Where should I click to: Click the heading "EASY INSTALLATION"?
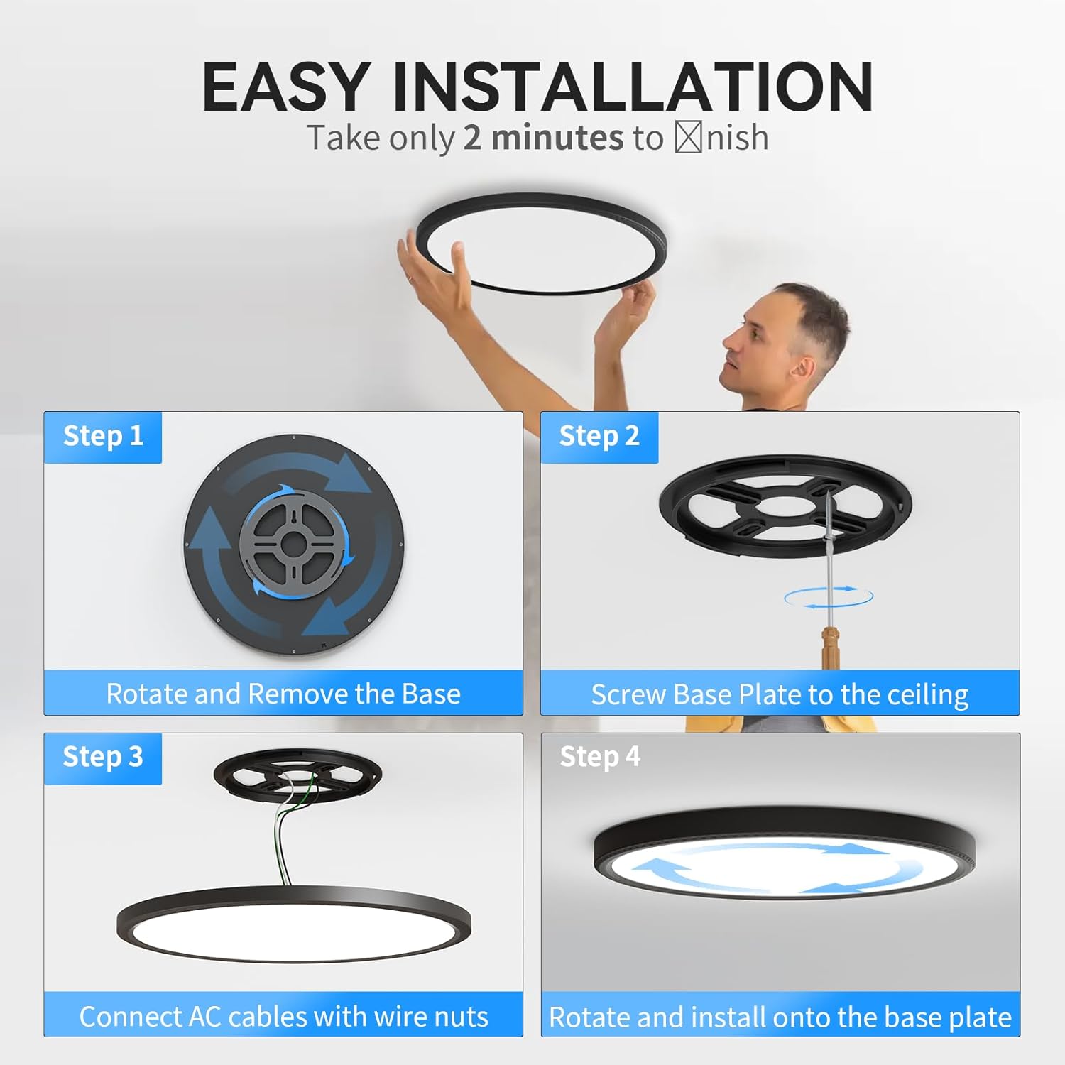(537, 87)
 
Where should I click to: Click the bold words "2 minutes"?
(543, 138)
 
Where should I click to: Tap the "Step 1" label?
(103, 436)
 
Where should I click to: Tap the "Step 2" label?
(599, 436)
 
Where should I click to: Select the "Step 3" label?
(103, 757)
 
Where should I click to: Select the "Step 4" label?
(600, 757)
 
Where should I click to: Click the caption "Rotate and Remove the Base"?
(283, 694)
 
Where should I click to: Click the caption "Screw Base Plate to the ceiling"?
(780, 694)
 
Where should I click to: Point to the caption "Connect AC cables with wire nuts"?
(283, 1016)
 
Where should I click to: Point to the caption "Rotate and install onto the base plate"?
(780, 1017)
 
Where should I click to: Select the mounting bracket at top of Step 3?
(297, 775)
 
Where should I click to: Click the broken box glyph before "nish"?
(688, 138)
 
